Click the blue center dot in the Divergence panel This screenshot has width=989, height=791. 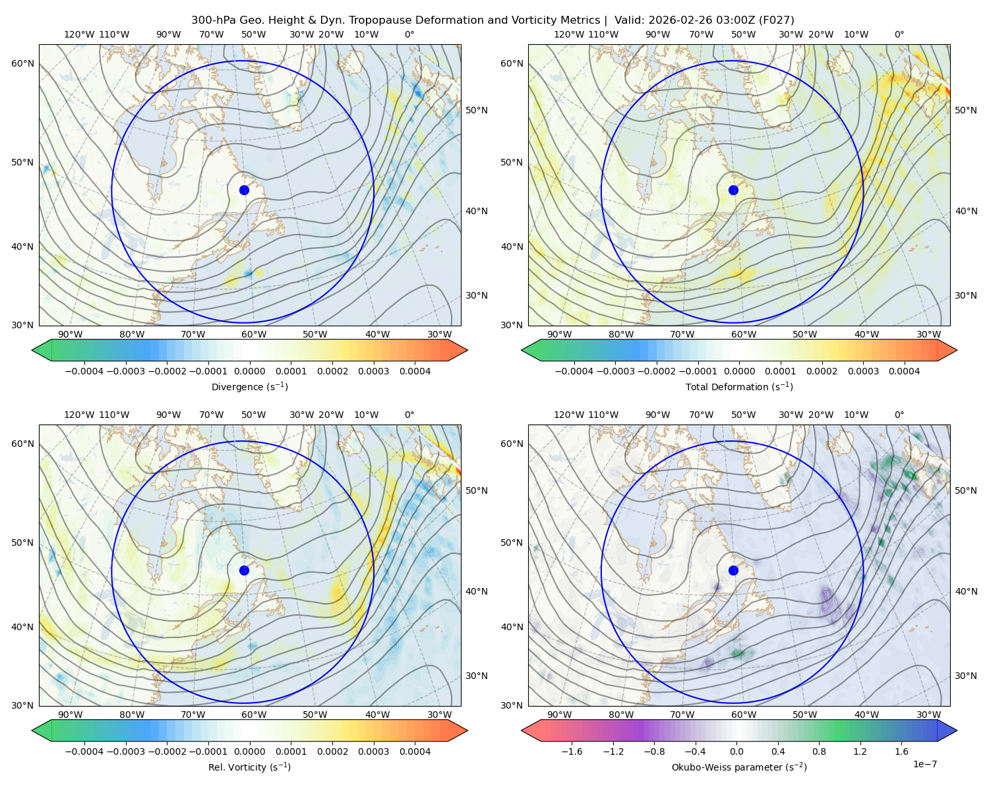(244, 190)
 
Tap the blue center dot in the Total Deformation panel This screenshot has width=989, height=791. (733, 190)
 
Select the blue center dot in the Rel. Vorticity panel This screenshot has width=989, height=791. (244, 570)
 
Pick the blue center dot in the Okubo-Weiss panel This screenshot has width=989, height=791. (733, 570)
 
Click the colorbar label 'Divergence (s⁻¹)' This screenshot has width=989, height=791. (249, 386)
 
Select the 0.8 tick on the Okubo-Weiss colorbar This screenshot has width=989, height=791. (819, 751)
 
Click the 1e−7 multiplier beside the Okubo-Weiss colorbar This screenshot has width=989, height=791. (924, 764)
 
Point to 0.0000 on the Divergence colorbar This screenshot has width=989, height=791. (249, 371)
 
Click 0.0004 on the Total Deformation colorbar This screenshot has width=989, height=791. (904, 371)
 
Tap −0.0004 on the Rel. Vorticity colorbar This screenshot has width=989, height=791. (84, 751)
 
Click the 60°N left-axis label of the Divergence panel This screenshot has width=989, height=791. (22, 63)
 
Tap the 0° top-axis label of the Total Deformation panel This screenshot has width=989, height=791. (899, 34)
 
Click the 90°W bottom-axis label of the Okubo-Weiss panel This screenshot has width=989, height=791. (560, 715)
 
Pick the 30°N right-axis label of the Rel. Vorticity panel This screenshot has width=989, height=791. (477, 676)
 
